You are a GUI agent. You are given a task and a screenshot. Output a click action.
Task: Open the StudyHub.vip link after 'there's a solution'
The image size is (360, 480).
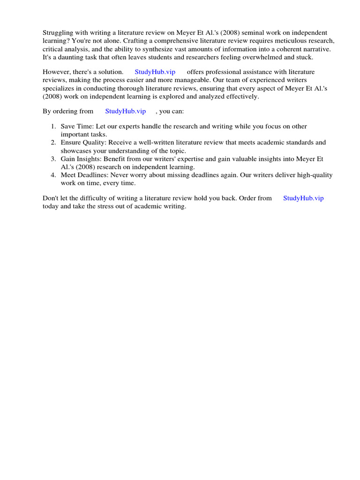(155, 72)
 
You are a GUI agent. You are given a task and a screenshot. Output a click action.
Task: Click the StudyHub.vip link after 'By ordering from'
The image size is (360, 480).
(125, 112)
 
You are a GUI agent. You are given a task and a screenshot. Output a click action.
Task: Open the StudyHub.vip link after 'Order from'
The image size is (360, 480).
(303, 198)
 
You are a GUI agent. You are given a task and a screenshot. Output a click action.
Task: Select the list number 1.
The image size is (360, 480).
(53, 127)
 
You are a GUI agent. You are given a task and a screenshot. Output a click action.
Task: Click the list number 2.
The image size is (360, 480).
(53, 142)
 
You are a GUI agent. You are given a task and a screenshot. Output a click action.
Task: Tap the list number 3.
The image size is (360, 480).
(53, 159)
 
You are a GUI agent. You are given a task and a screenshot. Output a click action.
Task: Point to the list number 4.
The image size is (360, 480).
(53, 175)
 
